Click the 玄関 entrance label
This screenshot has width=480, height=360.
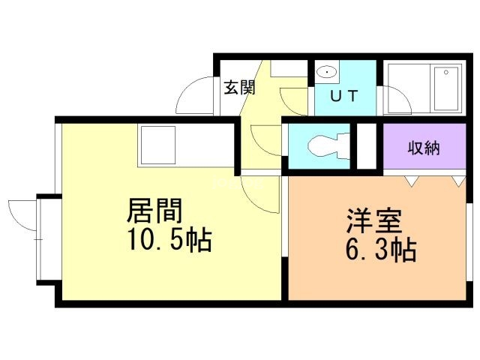239,88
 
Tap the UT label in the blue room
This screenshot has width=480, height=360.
344,96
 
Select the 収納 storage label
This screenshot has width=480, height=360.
424,148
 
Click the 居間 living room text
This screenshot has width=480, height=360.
154,211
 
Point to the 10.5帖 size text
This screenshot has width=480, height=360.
169,239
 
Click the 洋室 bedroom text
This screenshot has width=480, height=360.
374,220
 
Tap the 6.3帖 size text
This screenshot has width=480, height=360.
381,250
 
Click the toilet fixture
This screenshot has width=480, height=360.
328,146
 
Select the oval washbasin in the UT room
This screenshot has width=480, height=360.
327,72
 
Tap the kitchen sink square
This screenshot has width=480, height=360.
158,145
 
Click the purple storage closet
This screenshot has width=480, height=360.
424,146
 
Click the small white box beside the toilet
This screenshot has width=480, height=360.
367,146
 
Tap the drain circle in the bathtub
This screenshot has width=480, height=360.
446,73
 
